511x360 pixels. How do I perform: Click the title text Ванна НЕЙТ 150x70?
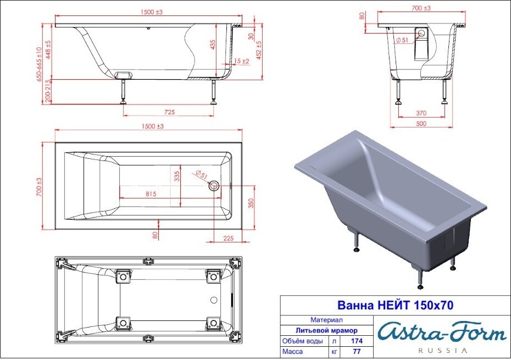coord(395,305)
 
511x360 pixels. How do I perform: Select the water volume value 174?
coord(357,341)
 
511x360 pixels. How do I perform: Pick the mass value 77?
coord(357,352)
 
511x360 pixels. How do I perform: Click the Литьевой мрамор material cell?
coord(326,331)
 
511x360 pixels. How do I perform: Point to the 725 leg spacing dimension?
coord(169,112)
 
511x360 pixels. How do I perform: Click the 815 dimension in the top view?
coord(151,194)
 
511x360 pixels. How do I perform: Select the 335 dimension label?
coord(177,177)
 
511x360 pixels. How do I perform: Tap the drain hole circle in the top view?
coord(214,186)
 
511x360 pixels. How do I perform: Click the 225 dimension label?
coord(229,239)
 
